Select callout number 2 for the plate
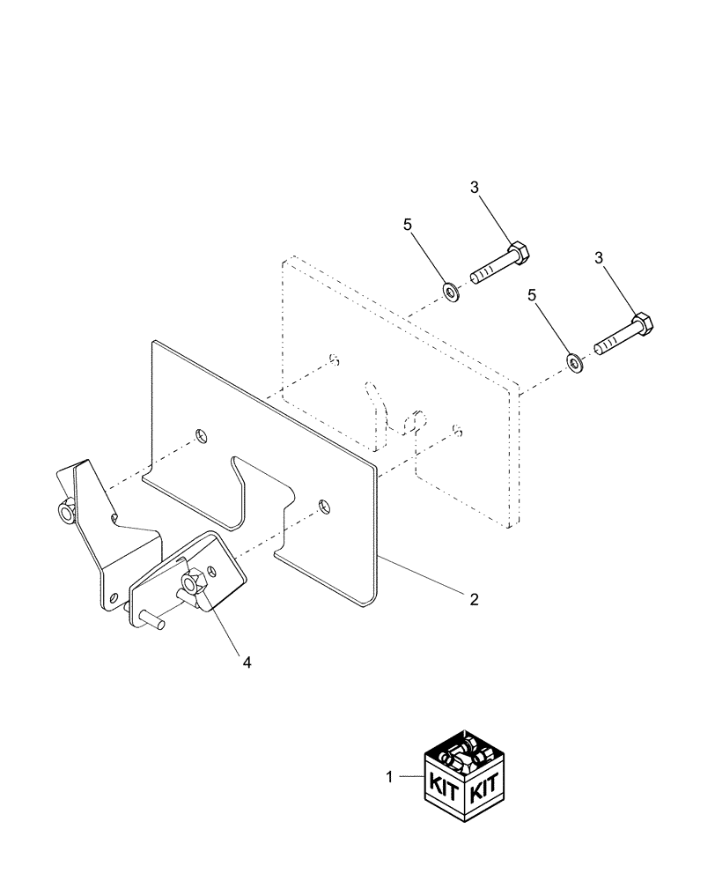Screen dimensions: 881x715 [x=473, y=600]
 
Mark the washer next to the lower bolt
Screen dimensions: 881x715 [x=574, y=361]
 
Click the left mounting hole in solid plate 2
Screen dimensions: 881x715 [x=202, y=435]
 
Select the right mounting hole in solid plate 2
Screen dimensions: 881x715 [x=325, y=506]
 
